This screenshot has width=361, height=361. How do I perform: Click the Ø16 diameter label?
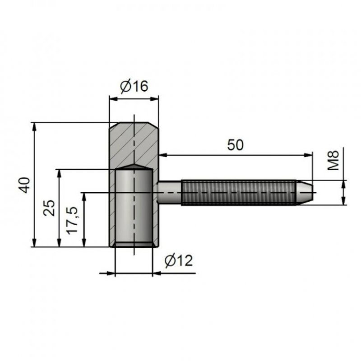pyautogui.click(x=134, y=86)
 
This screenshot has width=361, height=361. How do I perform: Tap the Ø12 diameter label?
pyautogui.click(x=179, y=261)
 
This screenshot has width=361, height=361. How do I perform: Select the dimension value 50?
pyautogui.click(x=235, y=145)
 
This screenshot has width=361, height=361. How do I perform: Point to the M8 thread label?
pyautogui.click(x=333, y=160)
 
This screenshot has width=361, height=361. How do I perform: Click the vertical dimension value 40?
pyautogui.click(x=24, y=185)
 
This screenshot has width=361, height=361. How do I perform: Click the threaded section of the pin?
pyautogui.click(x=239, y=192)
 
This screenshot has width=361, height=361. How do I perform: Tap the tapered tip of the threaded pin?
pyautogui.click(x=304, y=192)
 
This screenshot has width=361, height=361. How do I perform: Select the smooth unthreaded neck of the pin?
pyautogui.click(x=170, y=192)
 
